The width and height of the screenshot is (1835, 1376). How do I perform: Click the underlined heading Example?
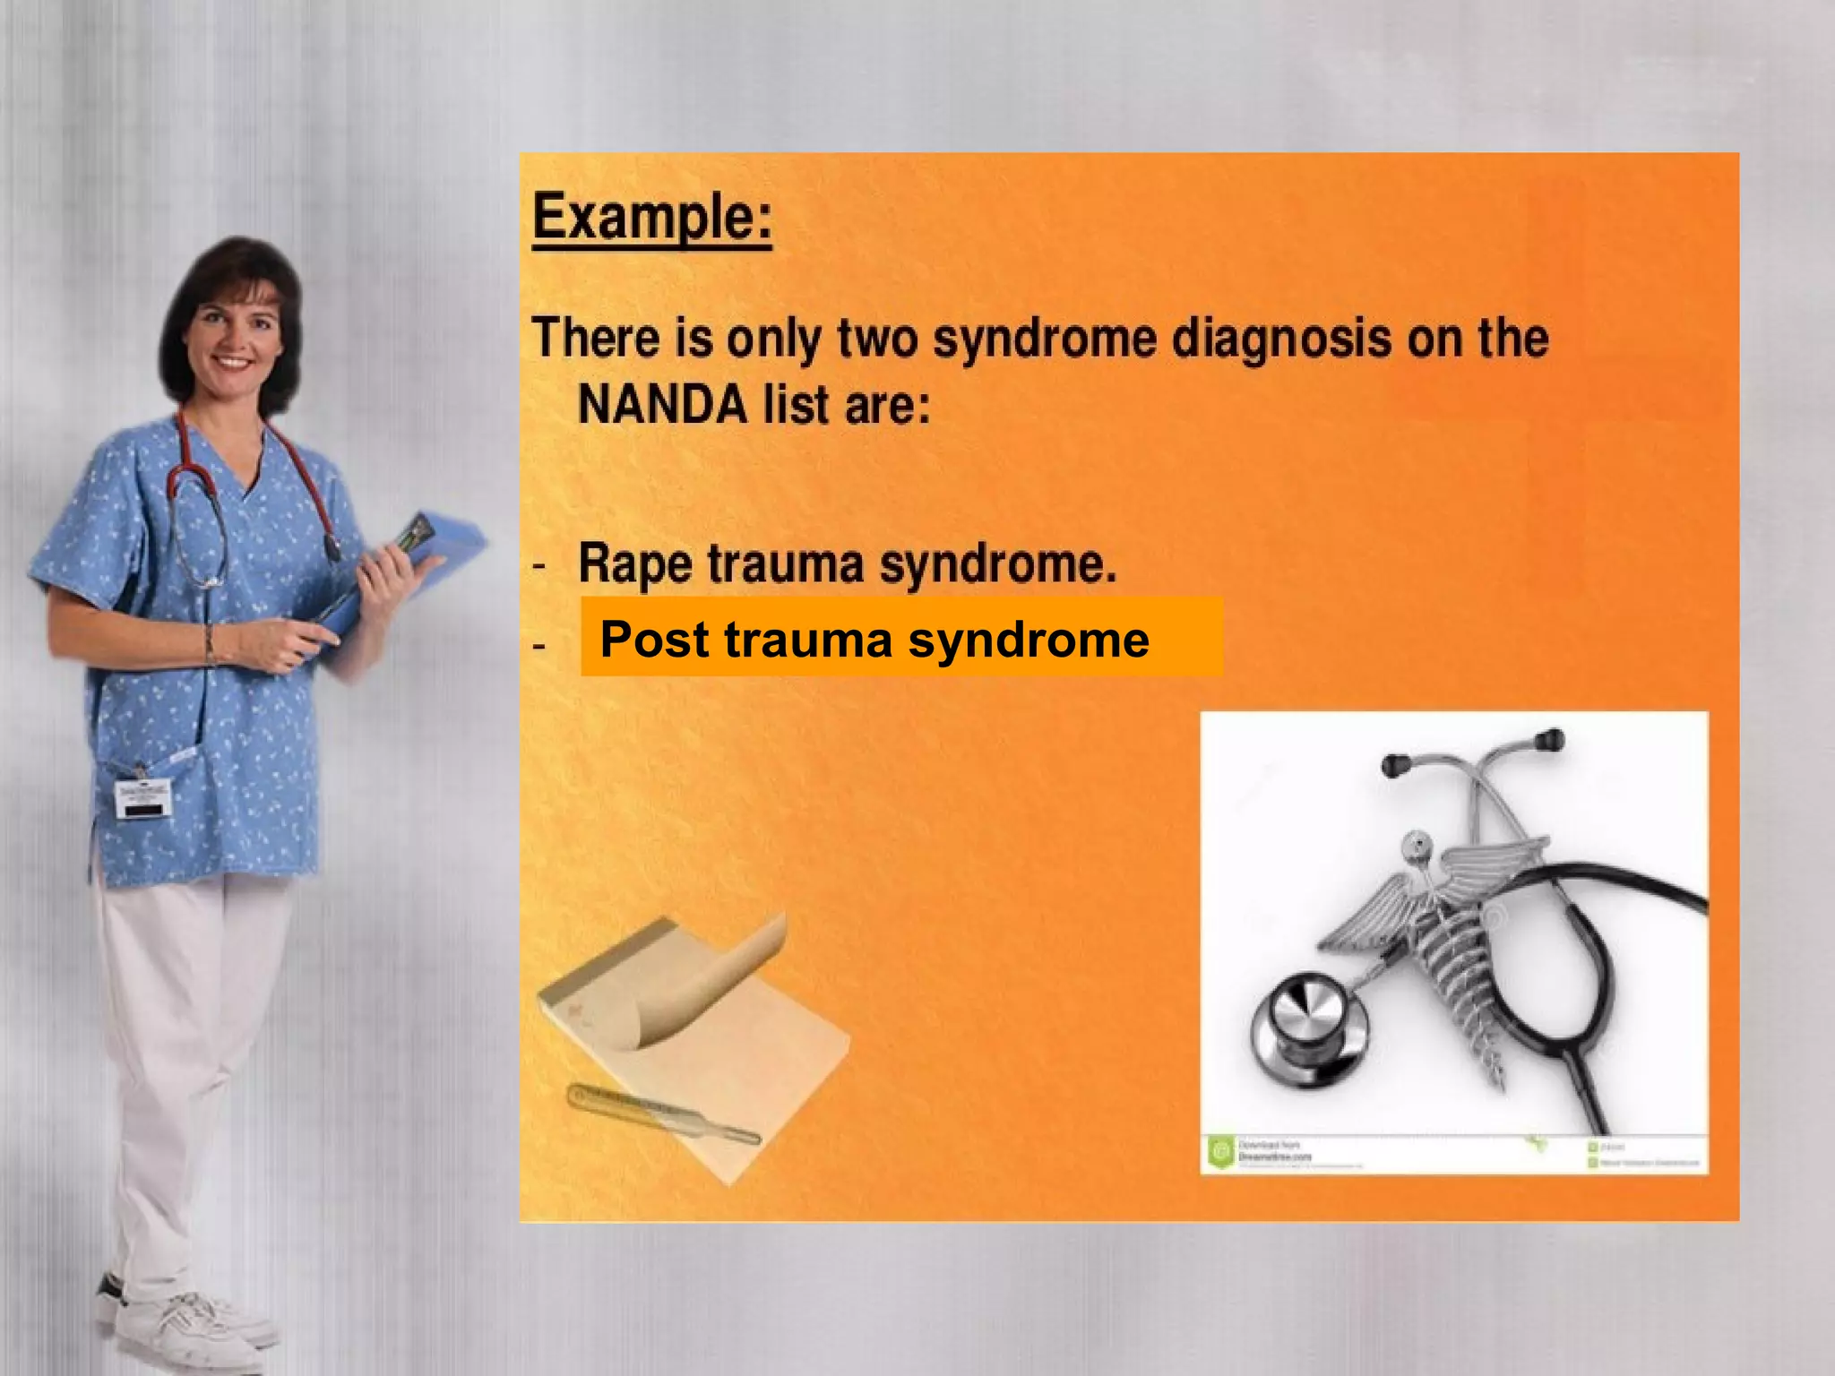point(651,217)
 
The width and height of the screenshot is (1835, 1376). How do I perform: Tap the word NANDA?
point(662,405)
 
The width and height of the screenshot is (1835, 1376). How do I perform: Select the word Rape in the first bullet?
point(633,563)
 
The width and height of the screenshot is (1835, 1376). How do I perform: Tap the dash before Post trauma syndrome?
point(539,645)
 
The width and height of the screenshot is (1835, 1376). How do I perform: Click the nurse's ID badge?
point(143,797)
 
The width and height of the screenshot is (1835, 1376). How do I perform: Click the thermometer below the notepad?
point(663,1115)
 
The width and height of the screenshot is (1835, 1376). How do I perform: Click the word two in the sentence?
point(878,339)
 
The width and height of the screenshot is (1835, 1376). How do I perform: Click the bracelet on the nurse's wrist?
point(210,645)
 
